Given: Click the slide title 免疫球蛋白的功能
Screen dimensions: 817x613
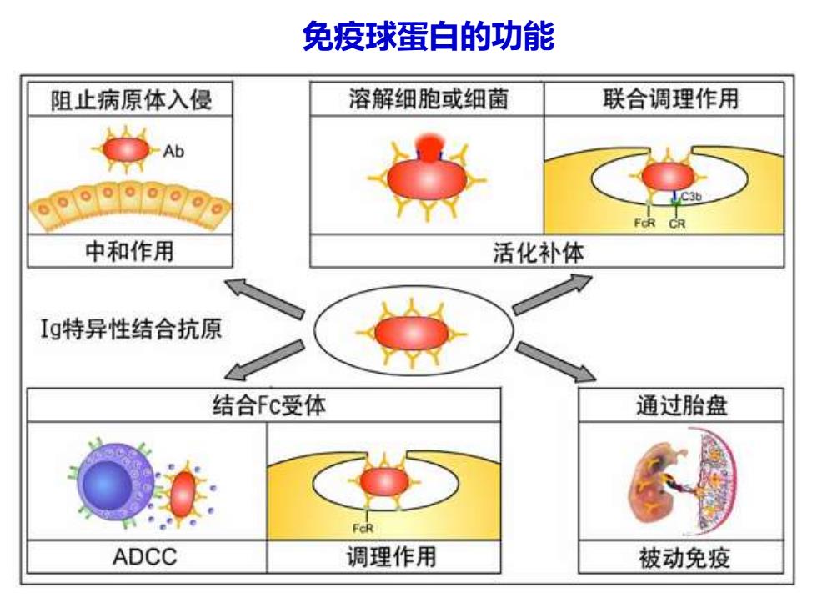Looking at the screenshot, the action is (429, 37).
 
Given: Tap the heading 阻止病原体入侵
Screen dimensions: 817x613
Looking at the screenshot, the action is (131, 99).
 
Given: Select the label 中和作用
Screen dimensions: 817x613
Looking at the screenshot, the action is (129, 251).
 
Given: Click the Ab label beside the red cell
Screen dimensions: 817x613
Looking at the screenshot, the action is (173, 152).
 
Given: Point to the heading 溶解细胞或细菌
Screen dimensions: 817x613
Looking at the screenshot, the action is (428, 99).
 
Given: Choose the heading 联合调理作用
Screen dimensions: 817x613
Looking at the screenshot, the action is (670, 98).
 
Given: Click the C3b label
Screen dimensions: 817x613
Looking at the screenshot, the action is (691, 197).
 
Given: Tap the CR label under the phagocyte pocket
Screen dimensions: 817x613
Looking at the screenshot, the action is (677, 224).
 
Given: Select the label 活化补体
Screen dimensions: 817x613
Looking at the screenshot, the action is (539, 252).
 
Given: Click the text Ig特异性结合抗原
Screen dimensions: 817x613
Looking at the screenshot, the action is (132, 329).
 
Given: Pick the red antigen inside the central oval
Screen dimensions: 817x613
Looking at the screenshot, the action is (412, 334).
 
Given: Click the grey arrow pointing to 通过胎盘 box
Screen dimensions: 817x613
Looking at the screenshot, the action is (557, 362).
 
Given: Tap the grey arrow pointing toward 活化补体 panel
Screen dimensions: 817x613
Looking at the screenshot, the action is (552, 294).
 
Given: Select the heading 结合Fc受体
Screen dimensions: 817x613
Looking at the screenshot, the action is (268, 405).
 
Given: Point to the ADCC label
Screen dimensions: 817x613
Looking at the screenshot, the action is (145, 557).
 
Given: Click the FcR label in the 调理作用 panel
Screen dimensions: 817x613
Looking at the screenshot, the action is (363, 529).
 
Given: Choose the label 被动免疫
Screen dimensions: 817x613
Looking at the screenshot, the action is (684, 557).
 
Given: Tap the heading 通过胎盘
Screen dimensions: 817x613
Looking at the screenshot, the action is (682, 405).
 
